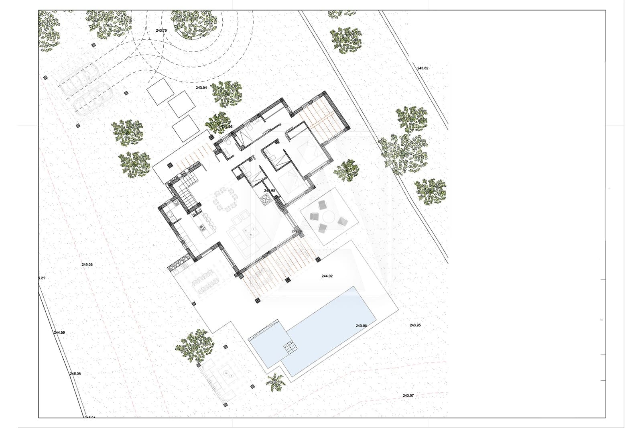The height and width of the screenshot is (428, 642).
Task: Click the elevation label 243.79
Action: (x=161, y=31)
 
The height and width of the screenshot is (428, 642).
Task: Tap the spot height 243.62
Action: (x=423, y=68)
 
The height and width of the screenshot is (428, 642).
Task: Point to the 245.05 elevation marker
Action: (x=87, y=265)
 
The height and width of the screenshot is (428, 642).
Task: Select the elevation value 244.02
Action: (x=327, y=276)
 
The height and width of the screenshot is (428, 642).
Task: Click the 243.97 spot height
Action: (x=408, y=395)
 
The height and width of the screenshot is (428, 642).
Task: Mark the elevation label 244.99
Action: (x=59, y=332)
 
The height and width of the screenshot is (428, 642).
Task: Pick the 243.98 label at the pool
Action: (x=361, y=326)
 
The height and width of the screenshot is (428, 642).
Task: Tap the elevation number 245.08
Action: (x=75, y=374)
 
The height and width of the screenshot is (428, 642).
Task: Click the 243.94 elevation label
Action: (x=201, y=88)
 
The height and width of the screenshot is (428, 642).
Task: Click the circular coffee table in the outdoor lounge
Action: (x=230, y=372)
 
